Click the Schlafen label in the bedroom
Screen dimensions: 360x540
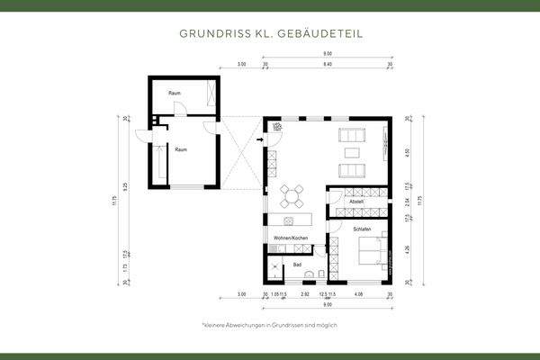tap(338, 230)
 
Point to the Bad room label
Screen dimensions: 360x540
tap(297, 265)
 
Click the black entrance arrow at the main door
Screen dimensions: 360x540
tap(260, 139)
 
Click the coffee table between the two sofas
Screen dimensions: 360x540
tap(350, 153)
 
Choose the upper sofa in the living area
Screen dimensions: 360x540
tap(350, 136)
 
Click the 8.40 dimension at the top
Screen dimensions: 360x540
tap(327, 66)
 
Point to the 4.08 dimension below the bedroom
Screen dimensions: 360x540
tap(358, 294)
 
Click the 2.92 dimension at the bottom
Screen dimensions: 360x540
tap(304, 294)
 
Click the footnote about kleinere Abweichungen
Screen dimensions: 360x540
tap(270, 324)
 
